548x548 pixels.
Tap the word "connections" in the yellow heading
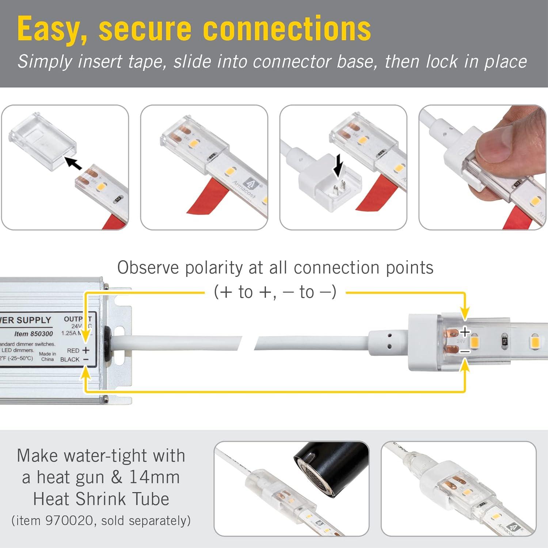pyautogui.click(x=287, y=29)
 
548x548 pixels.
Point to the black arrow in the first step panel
pyautogui.click(x=73, y=163)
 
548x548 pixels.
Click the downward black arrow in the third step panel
pyautogui.click(x=339, y=165)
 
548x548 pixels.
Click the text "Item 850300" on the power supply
pyautogui.click(x=34, y=334)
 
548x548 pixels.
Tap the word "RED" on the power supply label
pyautogui.click(x=73, y=351)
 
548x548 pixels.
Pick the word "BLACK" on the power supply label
pyautogui.click(x=70, y=359)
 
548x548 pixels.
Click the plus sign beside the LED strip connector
pyautogui.click(x=465, y=332)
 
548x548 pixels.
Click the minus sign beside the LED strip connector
pyautogui.click(x=465, y=352)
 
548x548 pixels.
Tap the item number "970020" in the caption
pyautogui.click(x=69, y=521)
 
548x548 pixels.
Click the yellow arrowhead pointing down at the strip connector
pyautogui.click(x=464, y=314)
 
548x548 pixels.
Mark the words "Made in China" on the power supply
pyautogui.click(x=47, y=357)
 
